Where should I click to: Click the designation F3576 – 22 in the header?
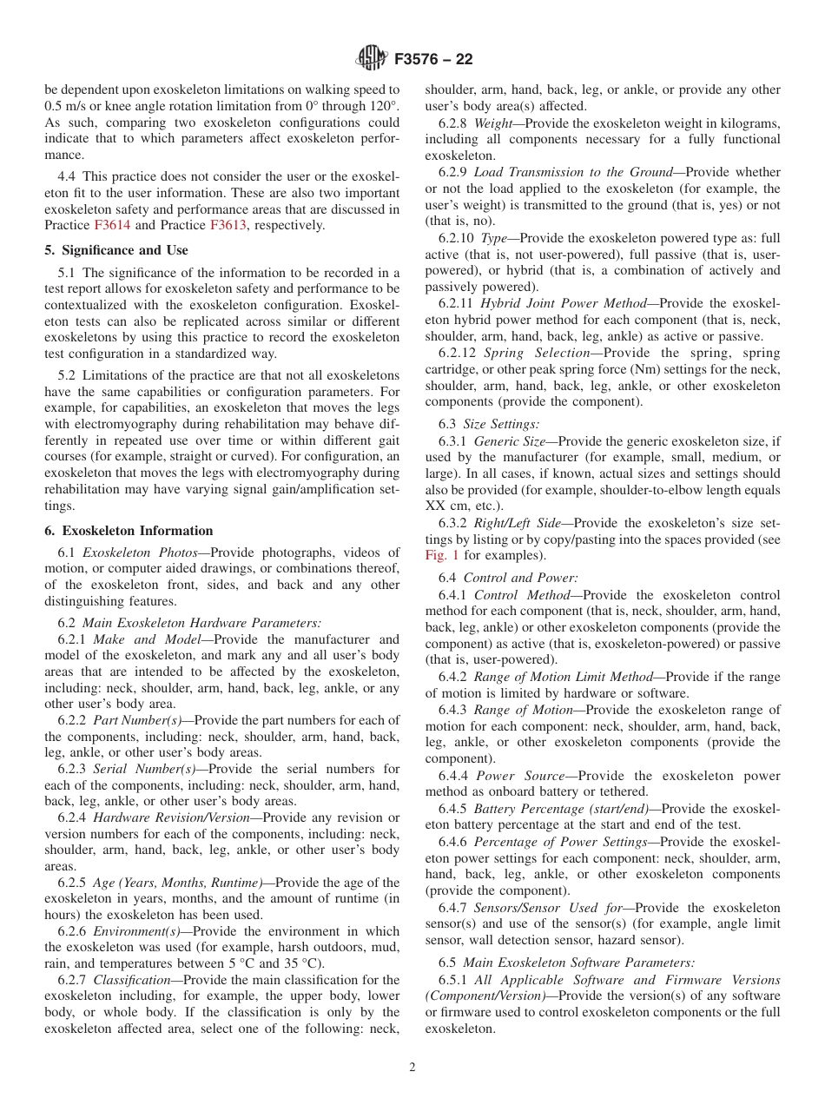[x=433, y=60]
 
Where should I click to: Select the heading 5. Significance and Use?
[x=116, y=250]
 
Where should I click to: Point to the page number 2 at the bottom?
[x=412, y=1068]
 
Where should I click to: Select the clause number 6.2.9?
[x=453, y=172]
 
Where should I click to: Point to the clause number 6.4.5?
[x=453, y=809]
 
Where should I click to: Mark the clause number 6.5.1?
[x=453, y=980]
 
